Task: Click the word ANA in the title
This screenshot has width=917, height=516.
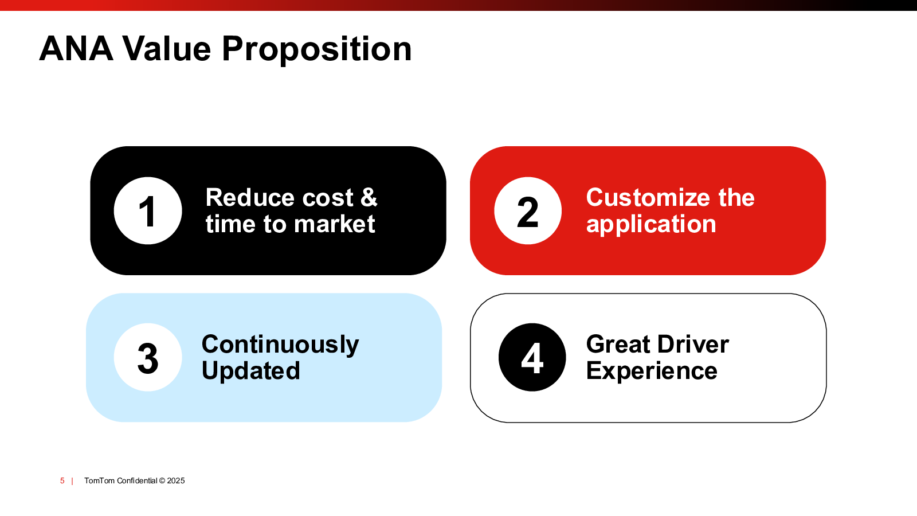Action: click(76, 49)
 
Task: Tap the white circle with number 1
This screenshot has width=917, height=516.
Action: click(148, 211)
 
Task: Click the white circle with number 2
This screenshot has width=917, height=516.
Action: click(528, 211)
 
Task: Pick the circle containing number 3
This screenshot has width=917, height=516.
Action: click(148, 358)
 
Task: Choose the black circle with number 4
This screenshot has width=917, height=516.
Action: click(532, 358)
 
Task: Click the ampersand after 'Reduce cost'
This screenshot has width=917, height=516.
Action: click(369, 197)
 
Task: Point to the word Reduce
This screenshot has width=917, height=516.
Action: click(250, 197)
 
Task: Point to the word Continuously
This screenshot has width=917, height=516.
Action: click(280, 345)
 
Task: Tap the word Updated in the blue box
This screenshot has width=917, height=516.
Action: click(251, 371)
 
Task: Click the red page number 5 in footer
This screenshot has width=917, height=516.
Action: click(62, 481)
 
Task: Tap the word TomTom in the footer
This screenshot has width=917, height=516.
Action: click(100, 481)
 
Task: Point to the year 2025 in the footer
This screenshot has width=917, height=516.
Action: click(176, 481)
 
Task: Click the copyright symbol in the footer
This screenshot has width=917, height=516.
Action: click(162, 481)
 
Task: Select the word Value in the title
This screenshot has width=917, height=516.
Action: click(167, 49)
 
